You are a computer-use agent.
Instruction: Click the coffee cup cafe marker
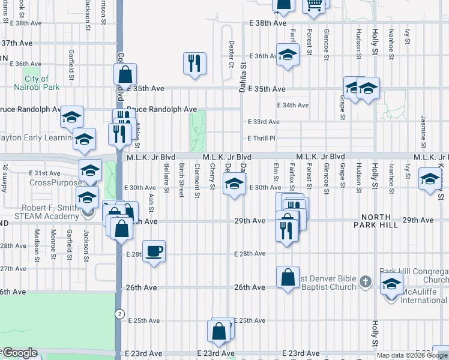pos(154,251)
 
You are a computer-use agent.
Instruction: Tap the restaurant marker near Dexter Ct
pos(194,63)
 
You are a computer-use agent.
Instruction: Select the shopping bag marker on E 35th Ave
pos(125,74)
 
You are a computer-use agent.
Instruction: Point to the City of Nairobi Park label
pos(37,83)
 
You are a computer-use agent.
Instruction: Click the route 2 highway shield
pos(119,313)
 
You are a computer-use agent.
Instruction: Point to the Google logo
pos(20,353)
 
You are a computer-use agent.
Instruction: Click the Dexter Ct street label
pos(231,54)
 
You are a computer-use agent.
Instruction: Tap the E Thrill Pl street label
pos(262,139)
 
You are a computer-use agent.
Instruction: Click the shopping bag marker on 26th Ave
pos(288,277)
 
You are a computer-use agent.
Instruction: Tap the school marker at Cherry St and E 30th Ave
pos(234,184)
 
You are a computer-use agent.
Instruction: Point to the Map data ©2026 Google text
pos(412,355)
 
